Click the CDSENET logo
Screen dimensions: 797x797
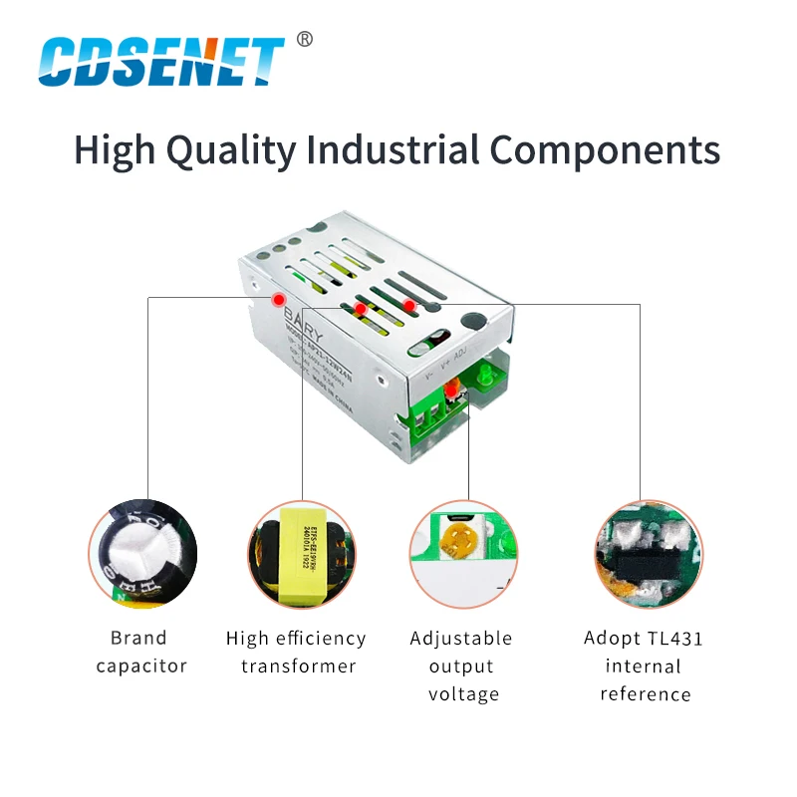[160, 61]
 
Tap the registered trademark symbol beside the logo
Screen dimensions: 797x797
[305, 39]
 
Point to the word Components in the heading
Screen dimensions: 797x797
[605, 150]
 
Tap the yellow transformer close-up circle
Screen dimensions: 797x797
[301, 554]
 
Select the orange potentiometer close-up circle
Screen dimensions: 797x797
[463, 554]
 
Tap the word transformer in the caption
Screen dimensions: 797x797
[298, 665]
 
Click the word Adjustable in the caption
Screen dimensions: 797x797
[461, 638]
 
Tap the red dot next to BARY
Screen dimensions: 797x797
[280, 299]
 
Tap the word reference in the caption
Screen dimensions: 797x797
[645, 693]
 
